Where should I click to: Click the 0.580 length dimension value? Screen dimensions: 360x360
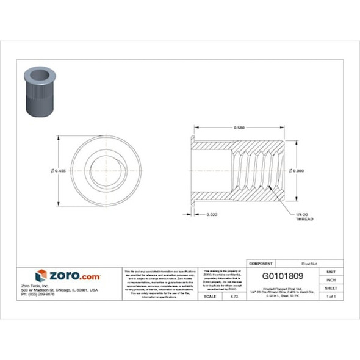pyautogui.click(x=240, y=128)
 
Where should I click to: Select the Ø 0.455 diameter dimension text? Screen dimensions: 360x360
pyautogui.click(x=59, y=170)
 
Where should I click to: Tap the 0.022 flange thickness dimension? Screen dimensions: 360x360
pyautogui.click(x=213, y=214)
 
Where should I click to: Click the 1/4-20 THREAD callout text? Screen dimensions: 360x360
pyautogui.click(x=304, y=215)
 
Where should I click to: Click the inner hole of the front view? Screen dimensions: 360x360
pyautogui.click(x=101, y=170)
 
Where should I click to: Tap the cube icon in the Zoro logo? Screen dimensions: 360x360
pyautogui.click(x=41, y=276)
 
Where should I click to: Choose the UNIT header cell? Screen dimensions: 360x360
pyautogui.click(x=331, y=270)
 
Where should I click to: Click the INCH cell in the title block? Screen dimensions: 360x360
pyautogui.click(x=331, y=279)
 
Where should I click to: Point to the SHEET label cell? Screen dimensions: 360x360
pyautogui.click(x=331, y=287)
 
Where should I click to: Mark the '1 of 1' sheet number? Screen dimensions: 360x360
pyautogui.click(x=331, y=296)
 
